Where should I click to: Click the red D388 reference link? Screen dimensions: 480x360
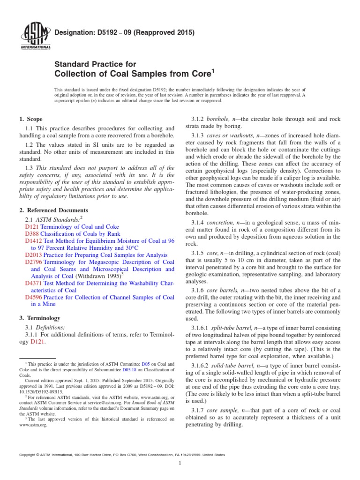click(31, 233)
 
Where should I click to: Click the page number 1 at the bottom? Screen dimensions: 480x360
click(180, 463)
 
